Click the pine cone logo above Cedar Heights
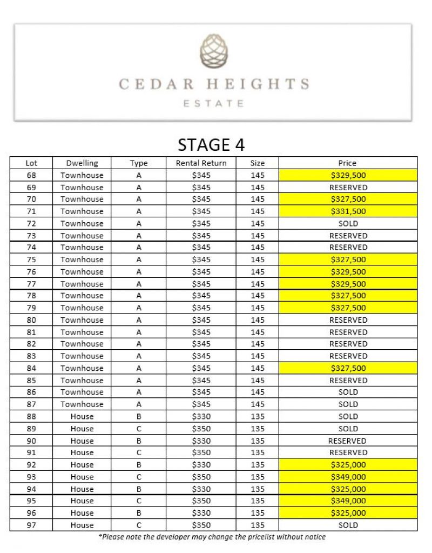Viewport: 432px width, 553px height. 214,52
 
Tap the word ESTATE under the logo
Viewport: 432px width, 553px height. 213,103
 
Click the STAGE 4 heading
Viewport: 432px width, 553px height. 211,145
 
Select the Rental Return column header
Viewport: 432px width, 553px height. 201,163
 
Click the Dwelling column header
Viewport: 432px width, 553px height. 82,163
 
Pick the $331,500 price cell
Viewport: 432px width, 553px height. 348,211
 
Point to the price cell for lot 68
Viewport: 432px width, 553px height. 348,175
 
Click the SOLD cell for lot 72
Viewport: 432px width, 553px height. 348,223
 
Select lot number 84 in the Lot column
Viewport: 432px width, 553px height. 31,368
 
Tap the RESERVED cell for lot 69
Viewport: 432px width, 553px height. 348,188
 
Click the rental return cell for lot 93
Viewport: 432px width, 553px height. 201,477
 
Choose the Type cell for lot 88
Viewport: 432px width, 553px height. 139,416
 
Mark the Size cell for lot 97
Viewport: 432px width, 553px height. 258,525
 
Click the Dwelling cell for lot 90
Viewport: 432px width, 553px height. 82,441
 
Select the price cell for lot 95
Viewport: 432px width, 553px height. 348,501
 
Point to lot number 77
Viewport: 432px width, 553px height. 31,284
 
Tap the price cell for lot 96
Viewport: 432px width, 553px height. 348,513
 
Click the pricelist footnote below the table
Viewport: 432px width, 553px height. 212,537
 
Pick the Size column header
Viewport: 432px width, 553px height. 258,163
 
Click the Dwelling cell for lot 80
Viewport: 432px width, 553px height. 82,320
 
